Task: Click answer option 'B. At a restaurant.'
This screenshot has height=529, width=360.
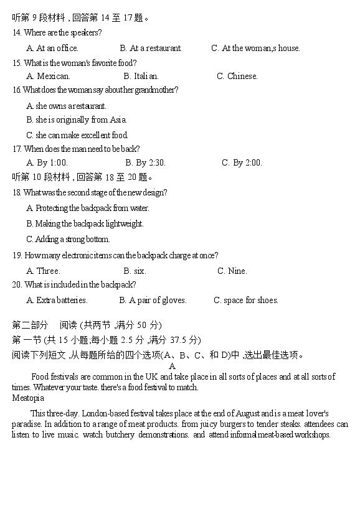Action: tap(151, 48)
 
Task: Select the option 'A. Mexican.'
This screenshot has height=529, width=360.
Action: tap(49, 76)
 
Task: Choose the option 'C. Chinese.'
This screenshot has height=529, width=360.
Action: tap(237, 76)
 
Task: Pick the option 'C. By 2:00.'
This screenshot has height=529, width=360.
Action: tap(242, 162)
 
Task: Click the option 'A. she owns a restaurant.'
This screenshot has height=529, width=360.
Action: tap(67, 106)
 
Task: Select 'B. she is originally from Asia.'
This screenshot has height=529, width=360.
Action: tap(77, 119)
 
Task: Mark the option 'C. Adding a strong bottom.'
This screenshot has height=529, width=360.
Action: tap(68, 239)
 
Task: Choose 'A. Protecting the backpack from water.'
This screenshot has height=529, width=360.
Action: tap(88, 208)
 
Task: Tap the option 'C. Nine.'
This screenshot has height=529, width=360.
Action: tap(232, 271)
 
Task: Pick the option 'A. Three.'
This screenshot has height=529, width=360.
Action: tap(44, 271)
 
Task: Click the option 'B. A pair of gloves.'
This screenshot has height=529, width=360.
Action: tap(153, 300)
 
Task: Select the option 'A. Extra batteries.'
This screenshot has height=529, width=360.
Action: tap(57, 300)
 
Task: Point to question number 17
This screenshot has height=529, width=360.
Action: tap(17, 149)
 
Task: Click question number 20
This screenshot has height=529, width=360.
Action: tap(17, 284)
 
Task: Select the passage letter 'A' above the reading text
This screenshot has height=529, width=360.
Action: tap(173, 367)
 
